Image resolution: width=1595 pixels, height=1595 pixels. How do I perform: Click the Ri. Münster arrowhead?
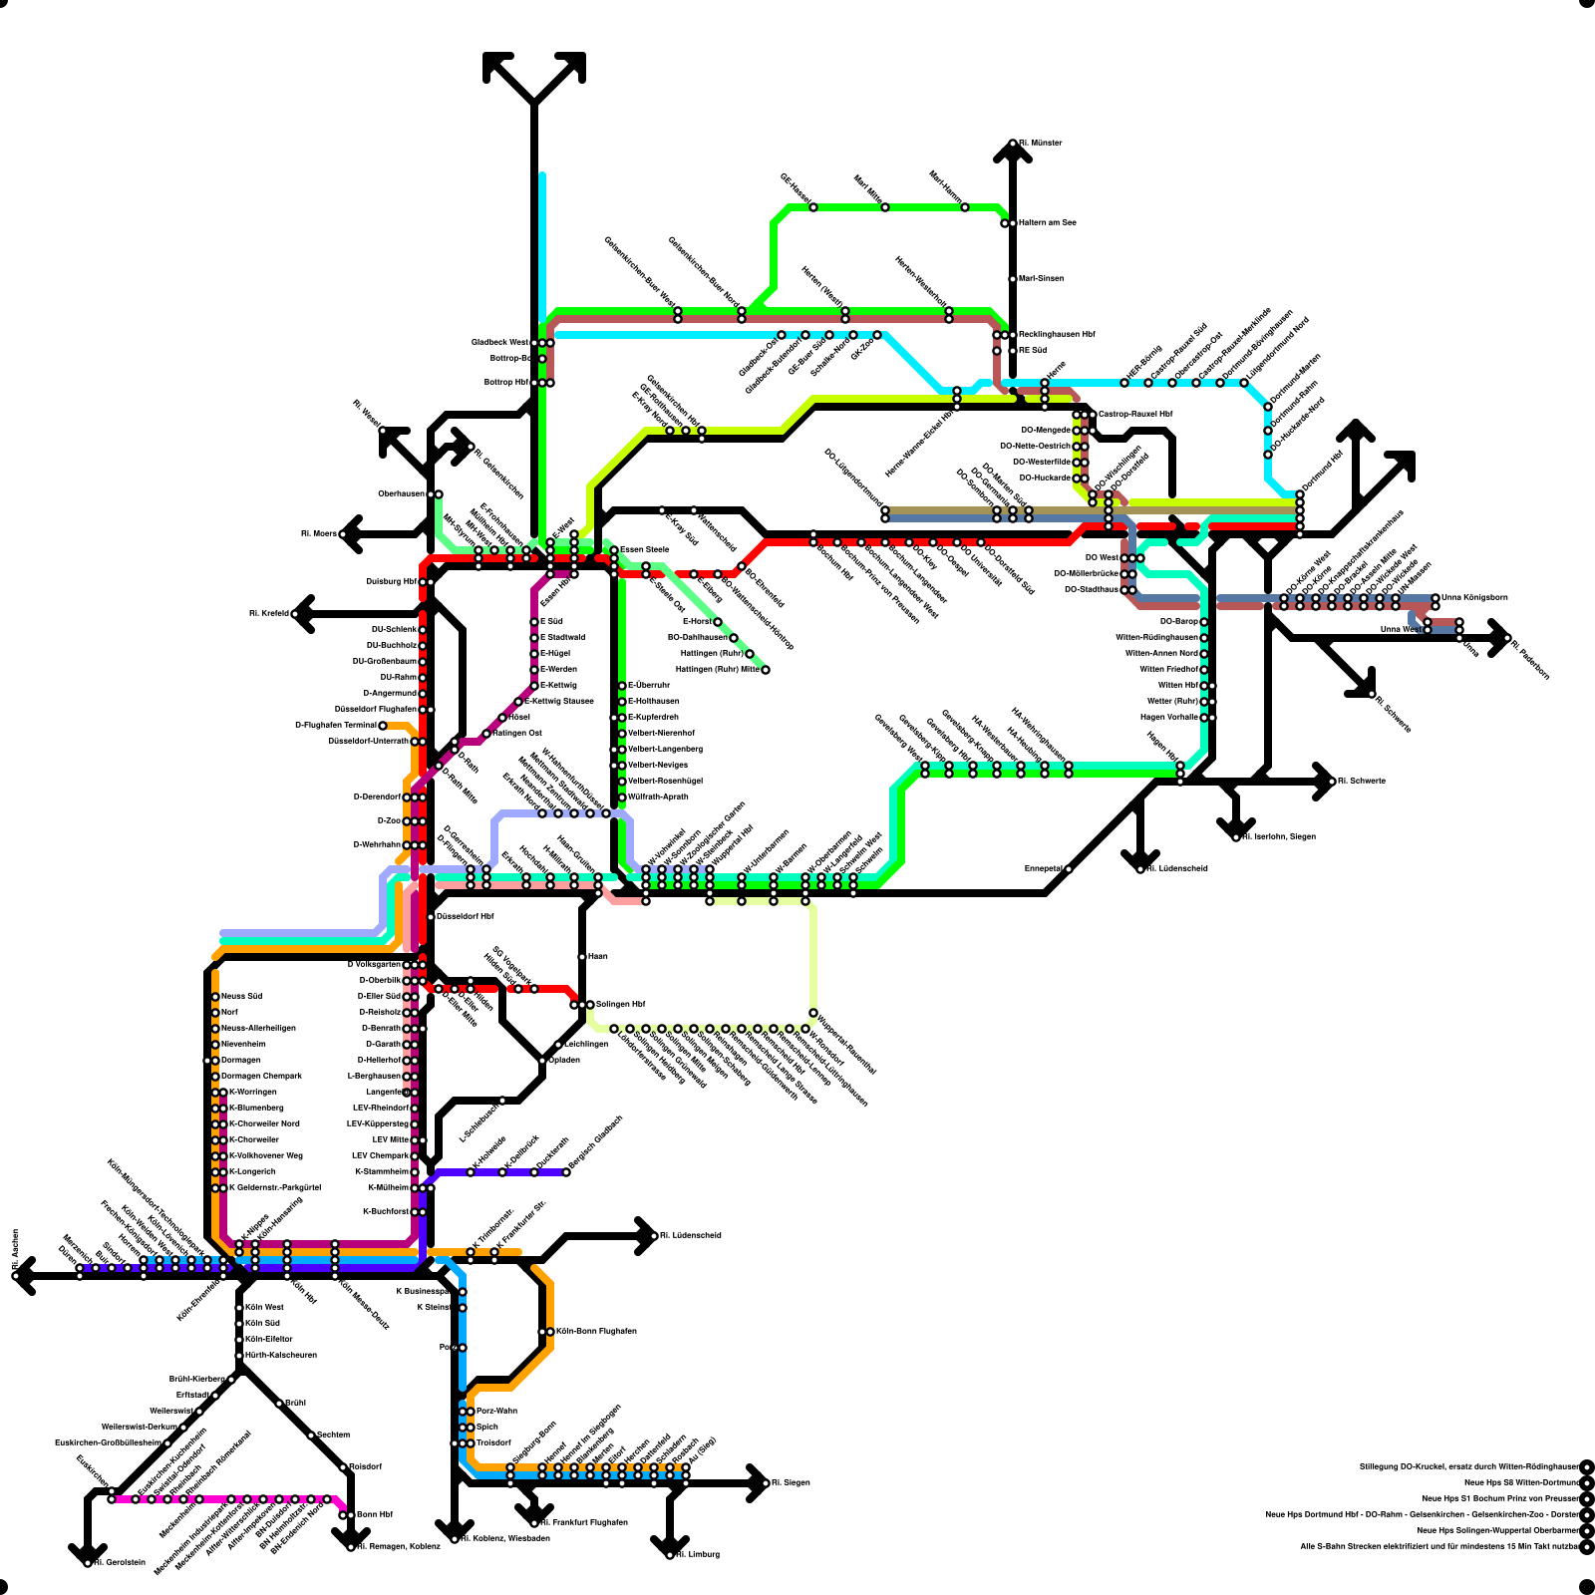pos(1013,150)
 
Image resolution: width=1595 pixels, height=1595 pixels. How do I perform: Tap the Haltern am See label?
pos(1048,222)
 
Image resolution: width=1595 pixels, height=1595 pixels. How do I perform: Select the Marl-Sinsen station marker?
pos(1013,279)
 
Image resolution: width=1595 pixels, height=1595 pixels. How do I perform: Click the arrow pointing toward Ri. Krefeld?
pos(300,614)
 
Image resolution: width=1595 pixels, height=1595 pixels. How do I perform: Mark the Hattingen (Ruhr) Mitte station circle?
pos(766,670)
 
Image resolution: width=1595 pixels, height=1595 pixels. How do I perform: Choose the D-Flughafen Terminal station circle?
pos(383,726)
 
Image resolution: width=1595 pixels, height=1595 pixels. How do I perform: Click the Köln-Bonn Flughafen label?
pos(595,1331)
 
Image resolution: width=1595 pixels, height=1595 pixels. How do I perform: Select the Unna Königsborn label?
pos(1474,598)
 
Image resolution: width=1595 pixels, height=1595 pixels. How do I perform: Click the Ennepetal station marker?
pos(1069,869)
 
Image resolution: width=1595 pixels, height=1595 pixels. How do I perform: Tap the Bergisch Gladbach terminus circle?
pos(566,1172)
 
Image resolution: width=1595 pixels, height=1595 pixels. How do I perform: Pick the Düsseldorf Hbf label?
pos(467,916)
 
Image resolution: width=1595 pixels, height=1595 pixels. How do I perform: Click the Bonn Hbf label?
pos(374,1514)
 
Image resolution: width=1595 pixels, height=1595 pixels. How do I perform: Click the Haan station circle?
pos(582,957)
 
